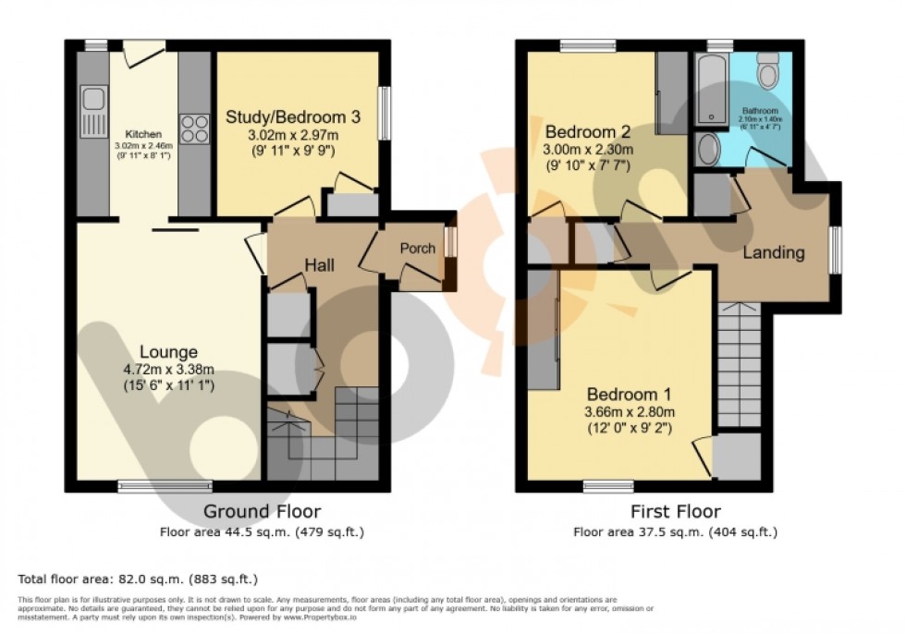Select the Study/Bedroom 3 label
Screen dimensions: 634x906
293,117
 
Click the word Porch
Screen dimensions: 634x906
417,249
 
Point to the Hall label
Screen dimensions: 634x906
319,266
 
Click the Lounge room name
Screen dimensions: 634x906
169,351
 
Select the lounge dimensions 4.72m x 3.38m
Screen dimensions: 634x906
169,369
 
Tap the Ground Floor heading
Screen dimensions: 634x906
263,511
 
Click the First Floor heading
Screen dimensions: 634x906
675,511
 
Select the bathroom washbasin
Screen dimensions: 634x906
709,149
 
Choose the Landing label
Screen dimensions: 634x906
774,252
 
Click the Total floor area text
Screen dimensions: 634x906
138,579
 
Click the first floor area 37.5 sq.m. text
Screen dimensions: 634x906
675,531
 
